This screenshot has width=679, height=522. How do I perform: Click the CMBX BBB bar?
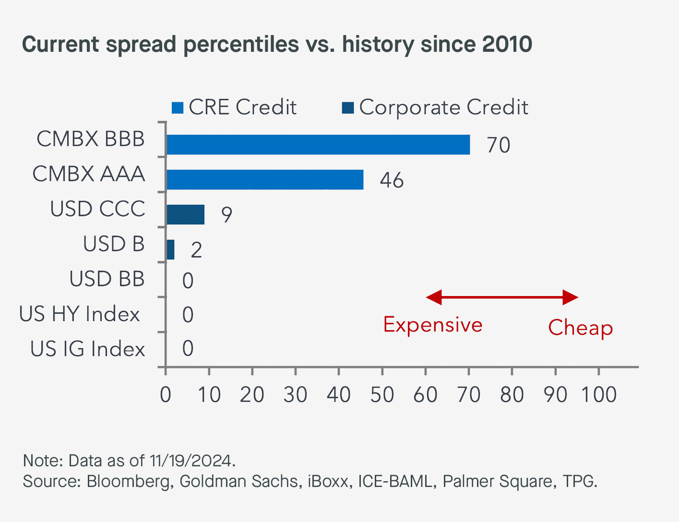(x=318, y=144)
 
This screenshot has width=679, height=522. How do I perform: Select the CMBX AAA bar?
(x=264, y=179)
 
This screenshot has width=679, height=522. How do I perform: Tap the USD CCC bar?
(x=185, y=214)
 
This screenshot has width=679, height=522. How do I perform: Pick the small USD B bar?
(x=170, y=249)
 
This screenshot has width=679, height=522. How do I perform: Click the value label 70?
(x=498, y=145)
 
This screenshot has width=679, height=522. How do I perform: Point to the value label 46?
(x=392, y=180)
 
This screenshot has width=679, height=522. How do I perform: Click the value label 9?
(x=226, y=215)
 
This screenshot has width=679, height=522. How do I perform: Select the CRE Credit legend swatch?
(x=178, y=108)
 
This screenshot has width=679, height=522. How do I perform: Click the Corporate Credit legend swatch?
(x=348, y=108)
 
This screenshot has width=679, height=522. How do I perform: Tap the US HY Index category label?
(x=80, y=314)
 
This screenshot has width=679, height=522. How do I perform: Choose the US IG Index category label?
(x=87, y=349)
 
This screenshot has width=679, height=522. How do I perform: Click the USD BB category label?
(x=107, y=279)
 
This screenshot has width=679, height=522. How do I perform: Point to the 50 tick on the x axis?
(x=382, y=395)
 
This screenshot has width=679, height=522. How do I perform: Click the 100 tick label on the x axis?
(x=598, y=395)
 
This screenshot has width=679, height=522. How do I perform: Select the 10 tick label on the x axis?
(x=209, y=395)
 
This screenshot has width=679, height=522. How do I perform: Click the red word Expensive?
(x=432, y=325)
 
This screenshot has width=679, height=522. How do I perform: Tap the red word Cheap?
(x=580, y=328)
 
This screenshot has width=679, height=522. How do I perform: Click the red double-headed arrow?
(x=502, y=297)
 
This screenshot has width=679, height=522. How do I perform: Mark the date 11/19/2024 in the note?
(x=191, y=461)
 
